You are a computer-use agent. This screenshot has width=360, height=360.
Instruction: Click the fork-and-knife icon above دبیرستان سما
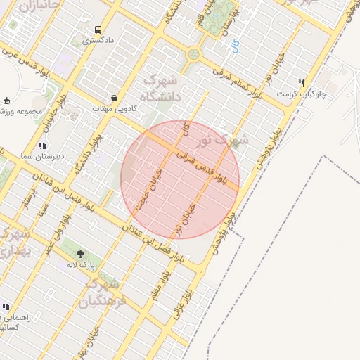[42, 146]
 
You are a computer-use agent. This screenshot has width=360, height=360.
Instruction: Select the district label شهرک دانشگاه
[160, 87]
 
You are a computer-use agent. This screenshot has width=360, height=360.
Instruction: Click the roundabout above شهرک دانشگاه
[193, 53]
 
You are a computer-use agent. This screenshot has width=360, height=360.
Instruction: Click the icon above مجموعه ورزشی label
[7, 101]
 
